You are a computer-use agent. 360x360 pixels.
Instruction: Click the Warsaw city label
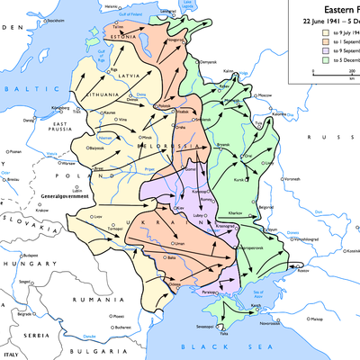point(68,164)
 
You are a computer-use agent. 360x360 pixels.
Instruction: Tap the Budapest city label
point(30,254)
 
